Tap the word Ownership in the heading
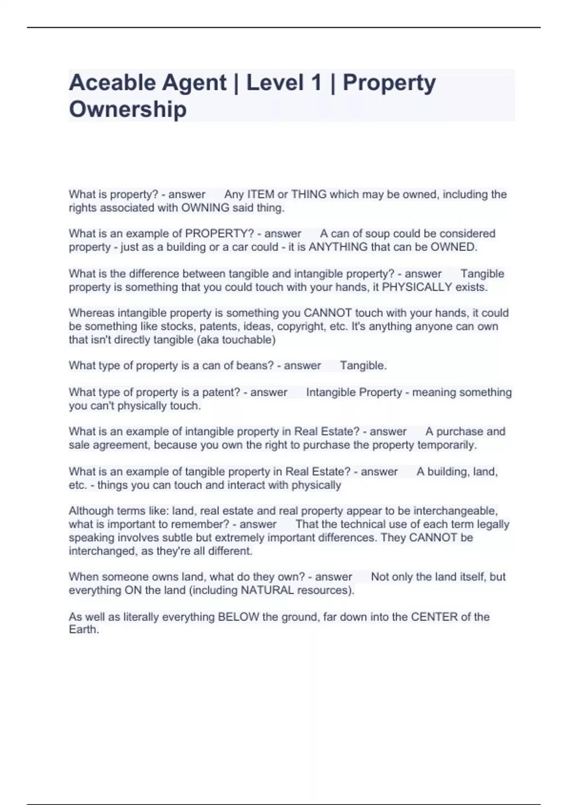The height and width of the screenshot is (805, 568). [x=128, y=109]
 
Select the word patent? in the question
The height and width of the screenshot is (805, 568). [x=222, y=393]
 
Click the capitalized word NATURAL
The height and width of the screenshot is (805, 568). [x=267, y=590]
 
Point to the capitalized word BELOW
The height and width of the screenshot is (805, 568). [x=238, y=617]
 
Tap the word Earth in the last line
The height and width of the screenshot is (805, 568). [x=83, y=630]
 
